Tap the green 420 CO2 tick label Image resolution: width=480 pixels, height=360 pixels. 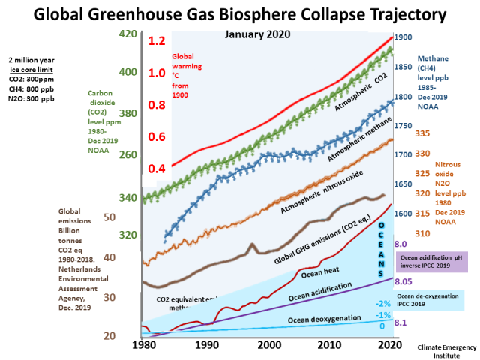coord(127,34)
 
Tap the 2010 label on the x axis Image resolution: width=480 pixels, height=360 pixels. coord(328,345)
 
